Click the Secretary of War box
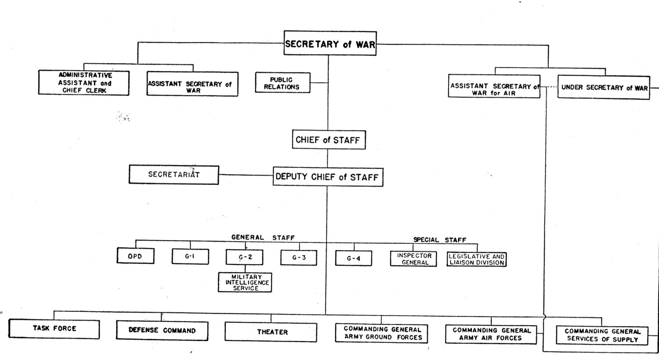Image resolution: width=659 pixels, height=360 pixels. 330,43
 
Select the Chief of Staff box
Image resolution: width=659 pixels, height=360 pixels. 329,140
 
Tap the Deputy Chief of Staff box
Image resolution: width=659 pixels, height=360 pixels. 328,177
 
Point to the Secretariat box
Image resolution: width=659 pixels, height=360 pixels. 174,175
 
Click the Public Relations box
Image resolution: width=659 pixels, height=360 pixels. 283,83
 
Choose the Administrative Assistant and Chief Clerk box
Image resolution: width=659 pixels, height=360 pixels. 84,83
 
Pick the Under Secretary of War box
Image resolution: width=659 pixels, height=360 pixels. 604,87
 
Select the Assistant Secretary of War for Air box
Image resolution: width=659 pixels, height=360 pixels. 494,86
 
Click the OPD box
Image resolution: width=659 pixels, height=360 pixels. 136,256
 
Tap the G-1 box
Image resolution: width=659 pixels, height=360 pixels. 190,256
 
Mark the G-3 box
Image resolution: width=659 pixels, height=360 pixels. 299,258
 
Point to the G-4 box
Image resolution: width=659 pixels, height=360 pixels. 354,258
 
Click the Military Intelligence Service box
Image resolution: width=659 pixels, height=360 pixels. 245,282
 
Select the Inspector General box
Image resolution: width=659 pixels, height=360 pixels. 414,259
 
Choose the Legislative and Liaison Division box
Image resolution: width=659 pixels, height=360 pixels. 477,259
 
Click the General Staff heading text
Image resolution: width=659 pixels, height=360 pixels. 263,238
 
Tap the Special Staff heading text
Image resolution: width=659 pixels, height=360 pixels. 440,240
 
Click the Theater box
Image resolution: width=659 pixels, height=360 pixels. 271,332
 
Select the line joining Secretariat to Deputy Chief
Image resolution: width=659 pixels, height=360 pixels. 246,176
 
